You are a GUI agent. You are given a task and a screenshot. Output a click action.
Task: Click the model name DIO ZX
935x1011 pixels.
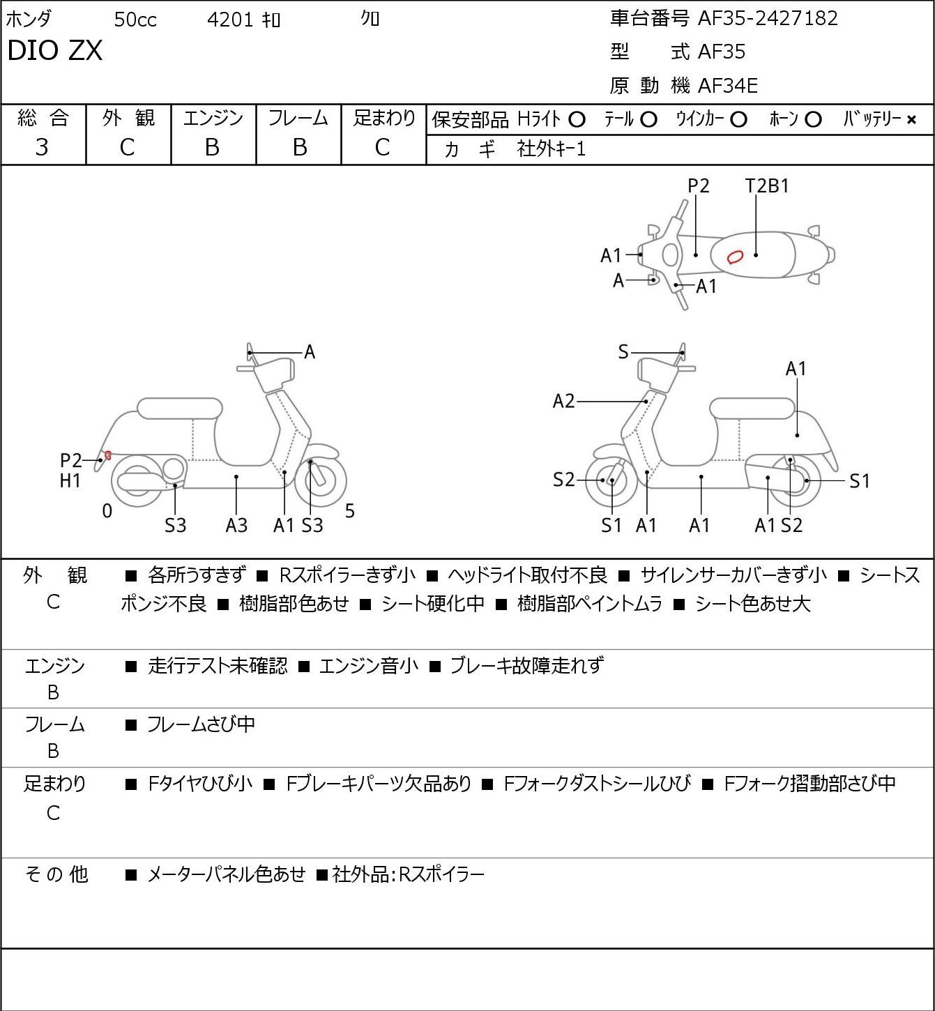pyautogui.click(x=55, y=50)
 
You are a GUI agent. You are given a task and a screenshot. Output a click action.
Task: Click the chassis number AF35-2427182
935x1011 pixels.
pyautogui.click(x=768, y=19)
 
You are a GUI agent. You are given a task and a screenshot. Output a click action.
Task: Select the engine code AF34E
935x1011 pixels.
pyautogui.click(x=728, y=86)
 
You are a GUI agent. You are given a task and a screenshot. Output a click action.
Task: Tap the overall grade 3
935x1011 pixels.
pyautogui.click(x=42, y=147)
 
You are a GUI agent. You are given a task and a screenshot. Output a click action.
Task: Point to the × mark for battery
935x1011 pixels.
pyautogui.click(x=911, y=120)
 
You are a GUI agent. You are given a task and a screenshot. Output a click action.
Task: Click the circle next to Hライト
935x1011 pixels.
pyautogui.click(x=577, y=120)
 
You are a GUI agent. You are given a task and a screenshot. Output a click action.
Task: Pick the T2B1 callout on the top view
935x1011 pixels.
pyautogui.click(x=767, y=186)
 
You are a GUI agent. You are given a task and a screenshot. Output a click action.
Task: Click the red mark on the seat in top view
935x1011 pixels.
pyautogui.click(x=734, y=257)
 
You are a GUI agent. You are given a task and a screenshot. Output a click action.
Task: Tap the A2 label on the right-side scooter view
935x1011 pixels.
pyautogui.click(x=564, y=402)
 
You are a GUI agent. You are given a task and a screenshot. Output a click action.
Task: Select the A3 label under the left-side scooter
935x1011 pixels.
pyautogui.click(x=236, y=525)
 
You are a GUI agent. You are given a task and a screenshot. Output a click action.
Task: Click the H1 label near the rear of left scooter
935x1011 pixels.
pyautogui.click(x=70, y=481)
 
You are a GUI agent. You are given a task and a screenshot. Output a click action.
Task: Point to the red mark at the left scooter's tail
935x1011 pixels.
pyautogui.click(x=108, y=455)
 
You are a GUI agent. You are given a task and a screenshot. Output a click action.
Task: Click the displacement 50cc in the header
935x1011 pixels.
pyautogui.click(x=135, y=20)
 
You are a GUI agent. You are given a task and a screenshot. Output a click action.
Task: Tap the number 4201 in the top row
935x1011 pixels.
pyautogui.click(x=230, y=20)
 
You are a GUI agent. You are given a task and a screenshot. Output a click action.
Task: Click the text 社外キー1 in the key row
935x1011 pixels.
pyautogui.click(x=552, y=149)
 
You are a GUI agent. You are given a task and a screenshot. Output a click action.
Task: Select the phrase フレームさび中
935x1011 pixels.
pyautogui.click(x=201, y=724)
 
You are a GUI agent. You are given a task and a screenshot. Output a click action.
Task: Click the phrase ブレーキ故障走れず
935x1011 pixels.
pyautogui.click(x=527, y=666)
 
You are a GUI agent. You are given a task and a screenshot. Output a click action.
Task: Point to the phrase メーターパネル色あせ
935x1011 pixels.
pyautogui.click(x=226, y=874)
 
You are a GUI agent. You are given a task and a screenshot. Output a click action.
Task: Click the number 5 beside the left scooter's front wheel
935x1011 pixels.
pyautogui.click(x=349, y=511)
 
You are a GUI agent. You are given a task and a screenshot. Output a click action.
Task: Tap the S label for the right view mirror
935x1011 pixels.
pyautogui.click(x=623, y=352)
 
